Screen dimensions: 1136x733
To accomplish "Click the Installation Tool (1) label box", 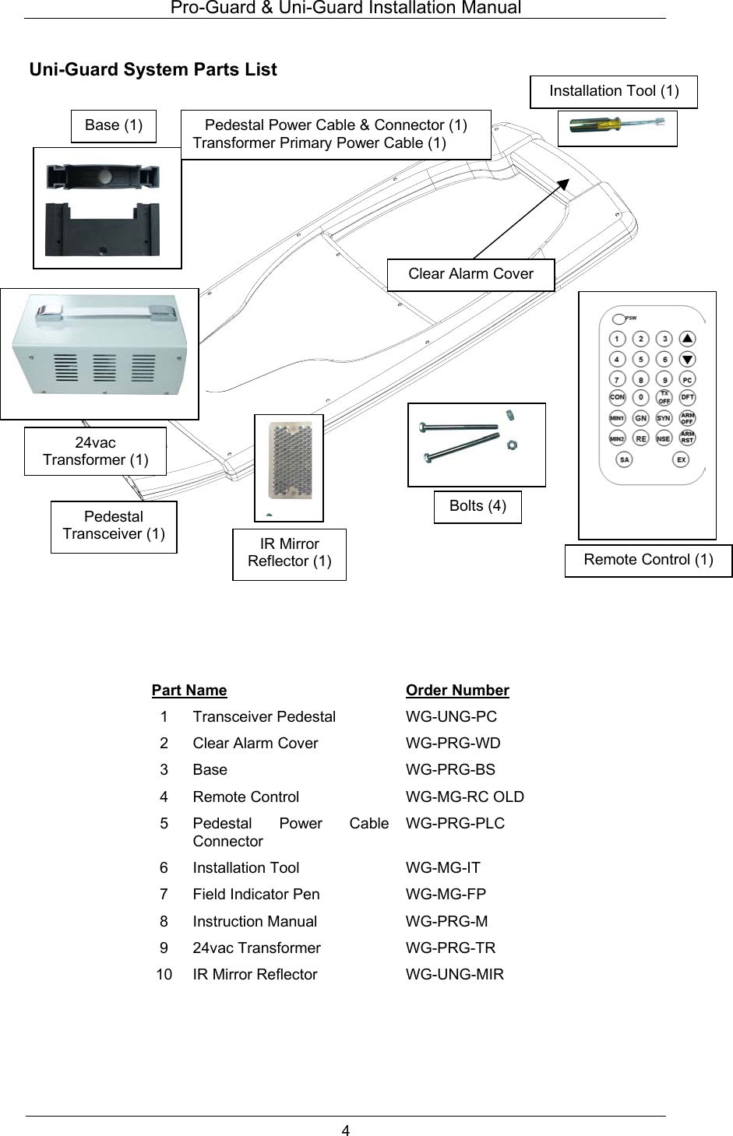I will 614,91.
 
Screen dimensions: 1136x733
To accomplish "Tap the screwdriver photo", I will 617,128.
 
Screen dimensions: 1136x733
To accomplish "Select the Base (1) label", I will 114,125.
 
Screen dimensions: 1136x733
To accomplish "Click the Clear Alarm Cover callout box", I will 470,274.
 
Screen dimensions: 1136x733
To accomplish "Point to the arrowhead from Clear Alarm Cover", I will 565,181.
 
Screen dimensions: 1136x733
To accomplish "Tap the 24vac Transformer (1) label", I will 95,451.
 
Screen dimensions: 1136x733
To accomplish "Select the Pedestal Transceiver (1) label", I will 114,526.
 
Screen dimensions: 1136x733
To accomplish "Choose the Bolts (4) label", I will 478,506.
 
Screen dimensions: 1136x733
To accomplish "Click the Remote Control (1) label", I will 648,560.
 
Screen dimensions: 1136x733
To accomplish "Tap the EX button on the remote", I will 682,459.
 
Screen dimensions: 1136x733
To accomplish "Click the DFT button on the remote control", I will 687,397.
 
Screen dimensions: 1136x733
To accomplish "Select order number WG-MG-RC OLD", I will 465,797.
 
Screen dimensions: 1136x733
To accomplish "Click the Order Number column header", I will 457,691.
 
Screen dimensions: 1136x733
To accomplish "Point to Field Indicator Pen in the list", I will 256,895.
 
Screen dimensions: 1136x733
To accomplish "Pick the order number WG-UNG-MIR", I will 455,975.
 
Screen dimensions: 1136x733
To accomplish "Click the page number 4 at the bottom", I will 346,1130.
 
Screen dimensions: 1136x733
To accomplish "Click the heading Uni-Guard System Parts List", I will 153,70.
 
